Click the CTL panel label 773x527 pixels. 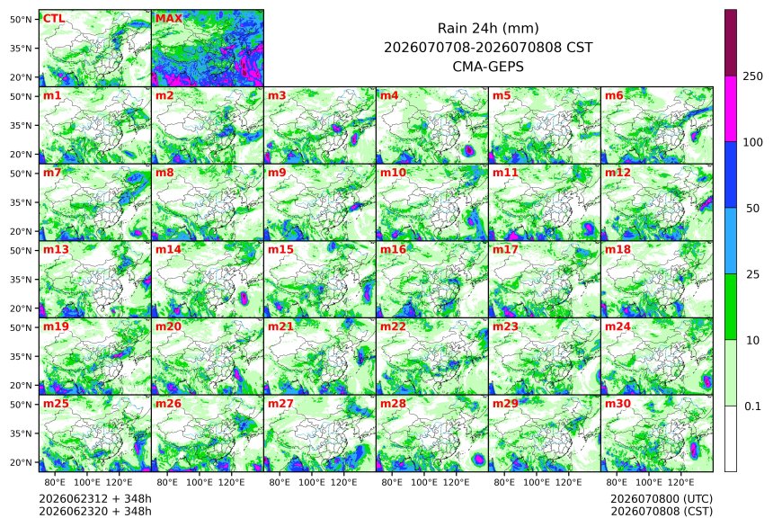pos(54,19)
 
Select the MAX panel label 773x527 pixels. pos(169,19)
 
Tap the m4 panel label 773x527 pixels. pos(389,95)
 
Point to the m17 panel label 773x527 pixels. pos(505,250)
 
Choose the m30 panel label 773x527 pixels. pos(618,404)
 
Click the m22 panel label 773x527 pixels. pos(393,326)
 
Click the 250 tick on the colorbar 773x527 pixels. pos(752,76)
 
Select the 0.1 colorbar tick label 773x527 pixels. pos(752,406)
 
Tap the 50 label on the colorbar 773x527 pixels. pos(752,209)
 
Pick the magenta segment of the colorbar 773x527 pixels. pos(731,109)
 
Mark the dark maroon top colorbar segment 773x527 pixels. pos(731,43)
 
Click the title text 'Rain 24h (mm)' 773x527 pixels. pos(488,29)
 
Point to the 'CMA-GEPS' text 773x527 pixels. pos(488,67)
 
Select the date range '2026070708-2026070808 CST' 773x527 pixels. pos(488,48)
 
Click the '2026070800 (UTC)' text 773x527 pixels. pos(662,499)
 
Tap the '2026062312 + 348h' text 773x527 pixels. pos(95,499)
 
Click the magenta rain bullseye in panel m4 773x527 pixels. pos(469,149)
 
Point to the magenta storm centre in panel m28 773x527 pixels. pos(478,459)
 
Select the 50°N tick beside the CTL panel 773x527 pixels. pos(21,19)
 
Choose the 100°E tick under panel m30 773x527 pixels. pos(649,482)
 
